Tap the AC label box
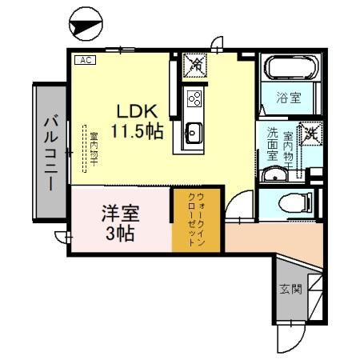[x=85, y=60]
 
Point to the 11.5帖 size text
[x=138, y=130]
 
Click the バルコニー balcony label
[x=49, y=152]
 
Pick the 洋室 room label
[x=120, y=214]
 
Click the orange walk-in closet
[x=194, y=220]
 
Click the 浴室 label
[x=288, y=98]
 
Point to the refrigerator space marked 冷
[x=194, y=63]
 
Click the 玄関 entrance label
[x=290, y=288]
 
